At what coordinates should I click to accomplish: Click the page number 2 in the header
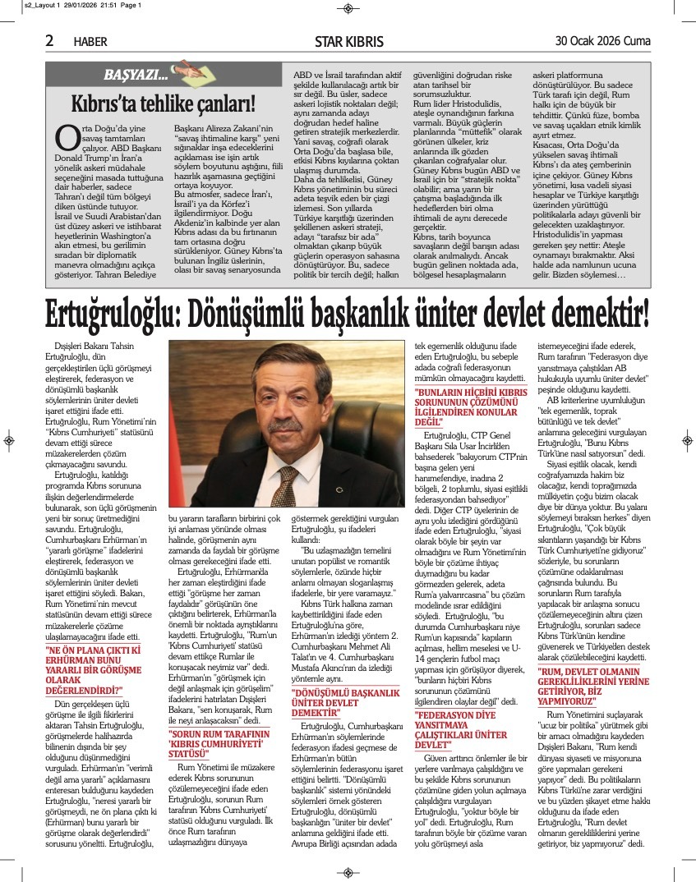click(x=49, y=40)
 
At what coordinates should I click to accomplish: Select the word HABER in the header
click(x=90, y=42)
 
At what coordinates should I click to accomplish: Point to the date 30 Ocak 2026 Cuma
click(x=603, y=41)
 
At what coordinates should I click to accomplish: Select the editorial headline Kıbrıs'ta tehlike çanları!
click(x=163, y=103)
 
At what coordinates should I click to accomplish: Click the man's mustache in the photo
click(x=284, y=426)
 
